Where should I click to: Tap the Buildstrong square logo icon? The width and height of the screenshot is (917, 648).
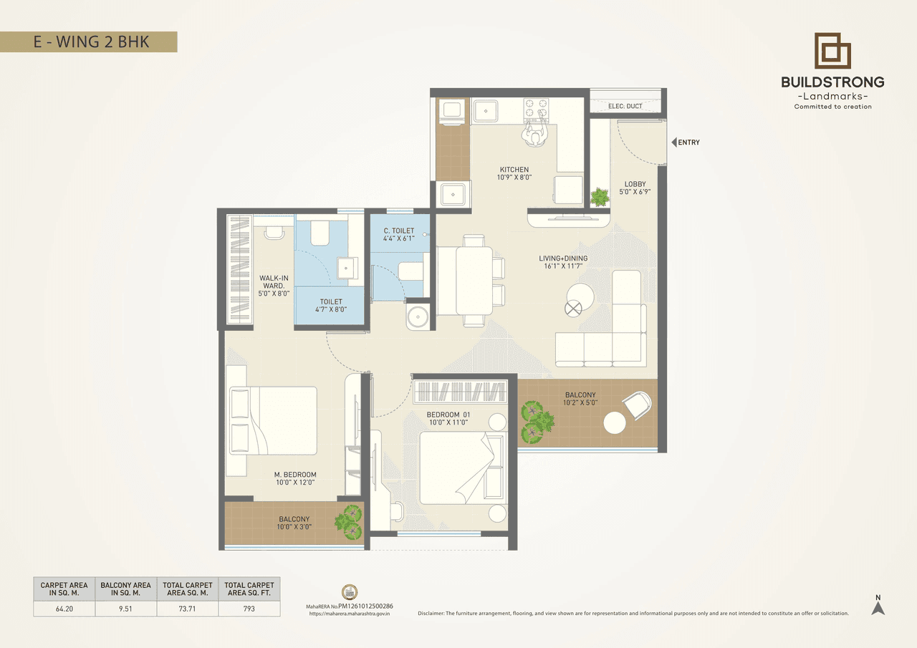coord(832,51)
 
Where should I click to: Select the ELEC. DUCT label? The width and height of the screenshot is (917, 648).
coord(625,106)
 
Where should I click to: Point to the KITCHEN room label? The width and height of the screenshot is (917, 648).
coord(514,170)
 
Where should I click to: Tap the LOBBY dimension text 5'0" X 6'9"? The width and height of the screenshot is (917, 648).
coord(635,192)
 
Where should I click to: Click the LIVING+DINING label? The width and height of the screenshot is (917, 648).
coord(563,258)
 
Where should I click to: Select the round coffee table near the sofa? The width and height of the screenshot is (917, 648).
coord(580,296)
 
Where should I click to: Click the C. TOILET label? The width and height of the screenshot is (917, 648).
coord(399,231)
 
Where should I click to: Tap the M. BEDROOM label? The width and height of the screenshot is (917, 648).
coord(295,475)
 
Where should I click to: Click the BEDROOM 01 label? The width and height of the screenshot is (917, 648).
coord(448,415)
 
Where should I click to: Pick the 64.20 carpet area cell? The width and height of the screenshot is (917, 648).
coord(64,609)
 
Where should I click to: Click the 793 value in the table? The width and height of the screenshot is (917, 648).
coord(249,609)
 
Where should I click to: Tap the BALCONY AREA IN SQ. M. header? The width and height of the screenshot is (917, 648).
coord(126,589)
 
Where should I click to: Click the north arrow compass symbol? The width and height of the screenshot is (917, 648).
coord(878,606)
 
